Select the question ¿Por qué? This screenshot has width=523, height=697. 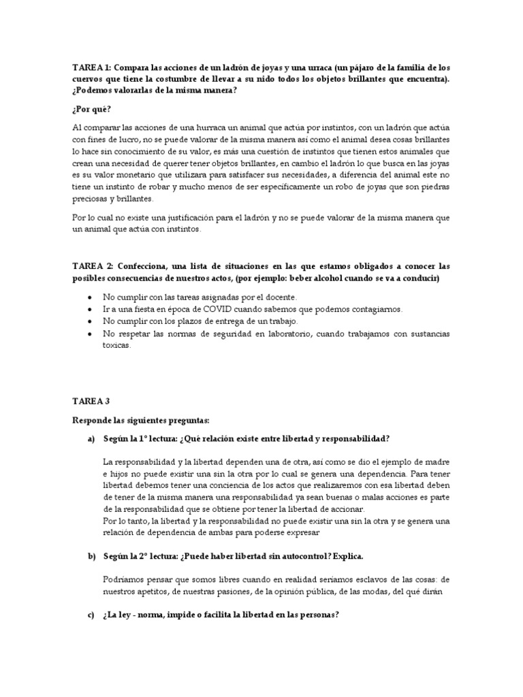91,109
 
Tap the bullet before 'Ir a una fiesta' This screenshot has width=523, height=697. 91,309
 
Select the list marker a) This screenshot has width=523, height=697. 91,440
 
